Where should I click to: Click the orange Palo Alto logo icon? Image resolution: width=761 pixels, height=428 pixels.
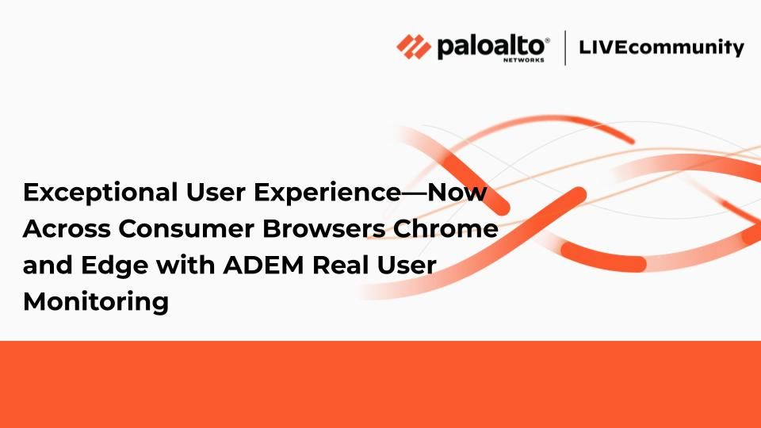click(x=414, y=47)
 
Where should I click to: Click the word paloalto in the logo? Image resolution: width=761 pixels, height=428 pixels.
click(x=491, y=46)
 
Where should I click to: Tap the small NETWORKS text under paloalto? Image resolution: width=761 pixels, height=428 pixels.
click(x=524, y=60)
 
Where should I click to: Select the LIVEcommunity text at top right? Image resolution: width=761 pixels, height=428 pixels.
click(x=661, y=48)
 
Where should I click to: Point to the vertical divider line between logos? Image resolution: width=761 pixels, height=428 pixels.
click(x=565, y=48)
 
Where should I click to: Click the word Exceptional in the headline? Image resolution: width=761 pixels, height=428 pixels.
click(x=101, y=193)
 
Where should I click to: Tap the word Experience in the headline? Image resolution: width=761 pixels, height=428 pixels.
click(x=327, y=193)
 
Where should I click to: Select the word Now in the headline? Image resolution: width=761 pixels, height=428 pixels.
click(x=457, y=192)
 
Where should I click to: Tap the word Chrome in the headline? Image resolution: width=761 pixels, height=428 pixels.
click(x=446, y=228)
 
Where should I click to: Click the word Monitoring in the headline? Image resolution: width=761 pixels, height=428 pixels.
click(x=96, y=302)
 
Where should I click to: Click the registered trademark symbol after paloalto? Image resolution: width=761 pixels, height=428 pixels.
click(x=548, y=40)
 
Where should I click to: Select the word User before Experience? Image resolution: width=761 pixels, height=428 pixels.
click(x=216, y=192)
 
